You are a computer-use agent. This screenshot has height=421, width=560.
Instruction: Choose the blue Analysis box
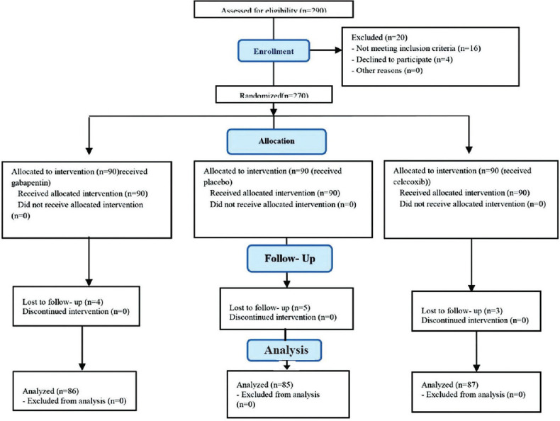click(x=284, y=349)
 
